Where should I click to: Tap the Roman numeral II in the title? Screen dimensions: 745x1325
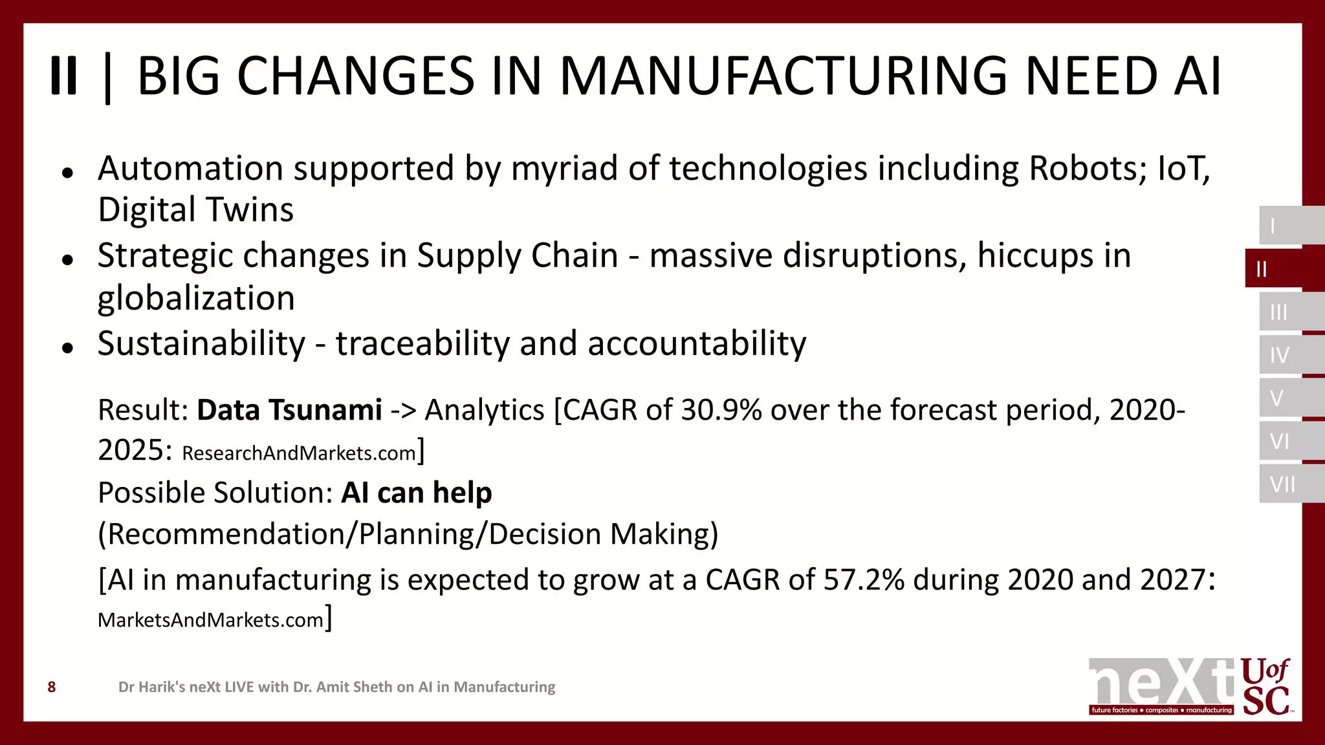click(63, 76)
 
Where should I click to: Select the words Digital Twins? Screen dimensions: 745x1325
click(195, 210)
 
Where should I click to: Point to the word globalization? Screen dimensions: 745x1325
click(196, 299)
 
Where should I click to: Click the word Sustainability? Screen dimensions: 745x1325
click(201, 343)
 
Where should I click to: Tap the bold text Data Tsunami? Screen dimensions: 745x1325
click(289, 410)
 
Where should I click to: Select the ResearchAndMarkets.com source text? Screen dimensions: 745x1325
click(299, 453)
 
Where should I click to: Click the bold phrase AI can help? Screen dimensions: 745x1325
click(416, 493)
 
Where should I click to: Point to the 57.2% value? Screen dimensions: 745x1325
click(863, 579)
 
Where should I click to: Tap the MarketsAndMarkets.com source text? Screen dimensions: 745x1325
click(210, 620)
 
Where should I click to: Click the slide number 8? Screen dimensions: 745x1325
click(52, 687)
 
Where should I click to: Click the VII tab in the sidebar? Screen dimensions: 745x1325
click(1282, 484)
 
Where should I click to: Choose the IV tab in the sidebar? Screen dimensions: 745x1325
click(1280, 355)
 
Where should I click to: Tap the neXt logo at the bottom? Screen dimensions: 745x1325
click(1161, 686)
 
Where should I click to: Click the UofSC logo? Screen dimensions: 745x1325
click(1265, 687)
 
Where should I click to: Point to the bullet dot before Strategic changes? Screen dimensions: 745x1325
click(67, 260)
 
